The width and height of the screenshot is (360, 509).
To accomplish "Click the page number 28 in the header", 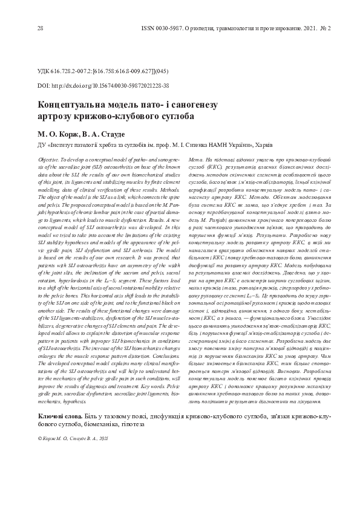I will point(41,28).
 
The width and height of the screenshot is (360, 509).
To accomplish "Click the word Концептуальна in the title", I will point(73,105).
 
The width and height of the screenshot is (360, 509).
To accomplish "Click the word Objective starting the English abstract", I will point(50,157).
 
